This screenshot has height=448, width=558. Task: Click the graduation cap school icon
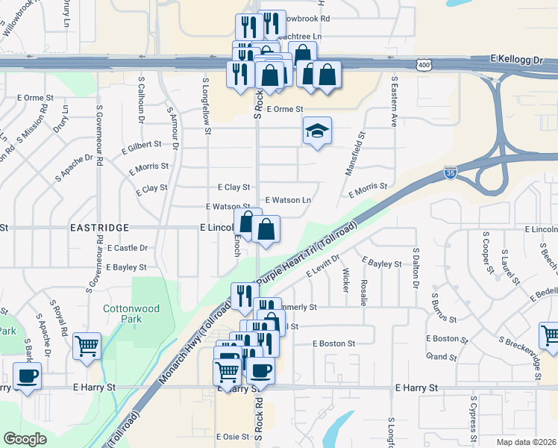[317, 131]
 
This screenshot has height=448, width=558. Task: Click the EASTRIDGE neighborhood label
[100, 227]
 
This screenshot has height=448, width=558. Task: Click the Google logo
[25, 439]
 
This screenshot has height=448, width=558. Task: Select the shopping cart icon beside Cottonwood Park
[87, 346]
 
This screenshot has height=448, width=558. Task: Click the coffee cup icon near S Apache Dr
[28, 375]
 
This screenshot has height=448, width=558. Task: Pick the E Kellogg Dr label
[515, 57]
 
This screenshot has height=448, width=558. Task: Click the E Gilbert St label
[142, 144]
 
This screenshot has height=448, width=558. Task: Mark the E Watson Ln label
[289, 200]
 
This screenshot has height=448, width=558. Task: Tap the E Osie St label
[229, 436]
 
